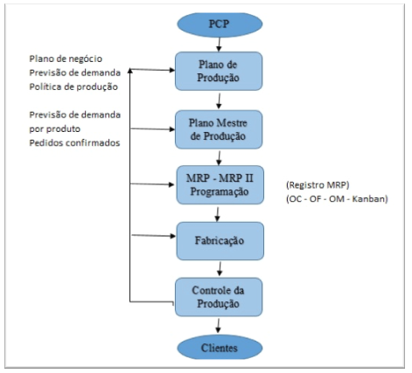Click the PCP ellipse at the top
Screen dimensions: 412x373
[220, 24]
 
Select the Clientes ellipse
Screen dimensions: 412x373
[220, 348]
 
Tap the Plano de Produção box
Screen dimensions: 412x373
[219, 71]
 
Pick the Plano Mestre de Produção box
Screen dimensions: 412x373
[219, 129]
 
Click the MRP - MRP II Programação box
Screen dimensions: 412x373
[220, 185]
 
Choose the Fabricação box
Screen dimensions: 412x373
[220, 241]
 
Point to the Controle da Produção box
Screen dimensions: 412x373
[219, 297]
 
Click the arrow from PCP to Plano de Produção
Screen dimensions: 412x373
[219, 45]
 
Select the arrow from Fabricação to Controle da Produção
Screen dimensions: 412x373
[220, 269]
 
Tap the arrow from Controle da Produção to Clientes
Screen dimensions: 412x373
[218, 326]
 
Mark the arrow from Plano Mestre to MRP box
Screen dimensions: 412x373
[219, 158]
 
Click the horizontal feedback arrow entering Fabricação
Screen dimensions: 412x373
[153, 236]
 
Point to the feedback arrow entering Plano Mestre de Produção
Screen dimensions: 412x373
[153, 129]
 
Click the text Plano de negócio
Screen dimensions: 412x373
[66, 59]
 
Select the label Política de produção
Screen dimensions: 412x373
[73, 86]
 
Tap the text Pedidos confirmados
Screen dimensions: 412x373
[74, 143]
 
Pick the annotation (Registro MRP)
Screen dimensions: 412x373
[318, 185]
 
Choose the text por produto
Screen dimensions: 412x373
[54, 129]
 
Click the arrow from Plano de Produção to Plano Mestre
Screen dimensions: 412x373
[219, 101]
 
